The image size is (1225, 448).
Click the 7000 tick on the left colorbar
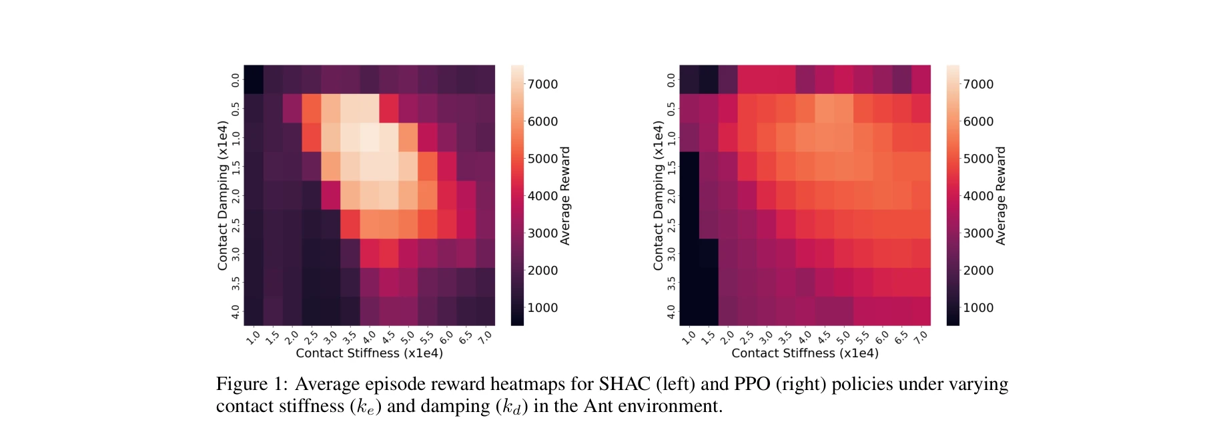542,84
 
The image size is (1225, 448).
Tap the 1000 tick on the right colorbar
977,307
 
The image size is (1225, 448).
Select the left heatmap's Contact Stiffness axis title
369,353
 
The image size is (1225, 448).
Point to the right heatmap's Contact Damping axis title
658,195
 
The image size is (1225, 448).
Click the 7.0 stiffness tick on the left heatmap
486,337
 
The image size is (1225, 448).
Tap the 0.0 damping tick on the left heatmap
235,80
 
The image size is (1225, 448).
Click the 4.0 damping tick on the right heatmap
671,311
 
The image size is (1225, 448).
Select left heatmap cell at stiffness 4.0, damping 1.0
370,137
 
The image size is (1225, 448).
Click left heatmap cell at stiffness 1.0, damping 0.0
254,79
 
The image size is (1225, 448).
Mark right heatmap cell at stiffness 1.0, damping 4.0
689,311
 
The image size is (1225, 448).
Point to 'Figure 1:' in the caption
252,384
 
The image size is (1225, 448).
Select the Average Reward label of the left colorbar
565,195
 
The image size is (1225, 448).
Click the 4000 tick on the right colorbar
977,196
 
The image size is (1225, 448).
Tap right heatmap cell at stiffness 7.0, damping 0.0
921,79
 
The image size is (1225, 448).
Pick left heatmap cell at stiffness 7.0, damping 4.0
485,311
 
